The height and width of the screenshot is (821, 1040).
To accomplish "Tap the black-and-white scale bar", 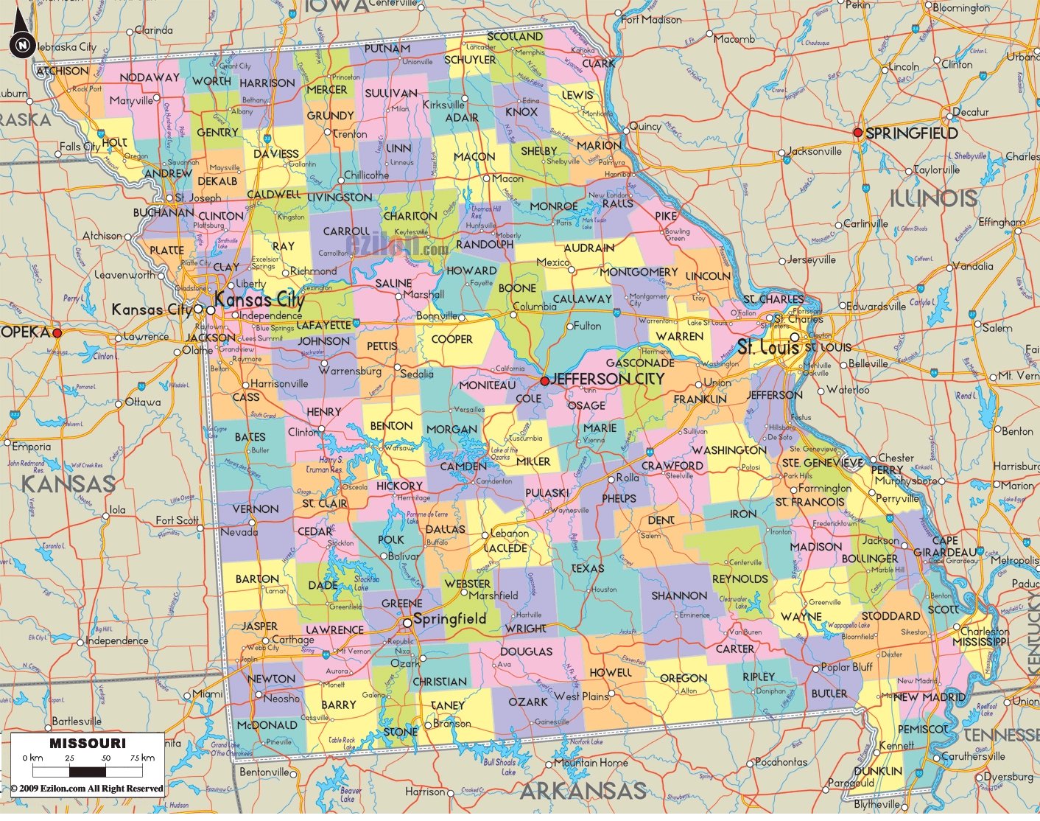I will pos(88,772).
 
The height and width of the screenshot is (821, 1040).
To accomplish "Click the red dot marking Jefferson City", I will pos(544,381).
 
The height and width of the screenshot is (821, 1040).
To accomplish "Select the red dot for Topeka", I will pos(57,333).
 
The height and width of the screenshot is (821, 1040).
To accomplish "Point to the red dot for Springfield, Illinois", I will pos(857,133).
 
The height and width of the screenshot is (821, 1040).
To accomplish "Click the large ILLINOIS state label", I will pos(933,198).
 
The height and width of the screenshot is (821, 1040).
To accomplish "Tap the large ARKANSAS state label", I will pos(583,792).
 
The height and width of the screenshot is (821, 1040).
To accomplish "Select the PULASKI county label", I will pos(547,493).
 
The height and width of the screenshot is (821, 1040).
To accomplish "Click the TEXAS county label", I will pos(587,568).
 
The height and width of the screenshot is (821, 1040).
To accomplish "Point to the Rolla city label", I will pos(628,478).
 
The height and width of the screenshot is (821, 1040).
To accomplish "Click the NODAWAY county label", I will pos(150,77).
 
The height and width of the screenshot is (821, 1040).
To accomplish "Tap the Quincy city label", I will pos(645,126).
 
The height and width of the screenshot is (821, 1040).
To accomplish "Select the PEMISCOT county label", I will pos(923,729).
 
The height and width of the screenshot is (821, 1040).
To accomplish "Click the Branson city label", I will pos(452,723).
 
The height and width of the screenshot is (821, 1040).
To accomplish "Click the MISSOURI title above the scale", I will pos(88,743).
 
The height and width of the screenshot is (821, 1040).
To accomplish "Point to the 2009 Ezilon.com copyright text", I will pos(87,789).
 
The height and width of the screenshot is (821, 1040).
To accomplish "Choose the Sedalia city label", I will pos(417,374).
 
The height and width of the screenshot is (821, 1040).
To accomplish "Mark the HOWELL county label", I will pos(611,672).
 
